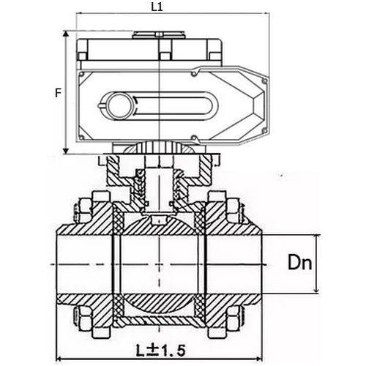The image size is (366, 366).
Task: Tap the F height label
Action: pyautogui.click(x=58, y=93)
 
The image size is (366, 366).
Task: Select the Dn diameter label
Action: pyautogui.click(x=296, y=262)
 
